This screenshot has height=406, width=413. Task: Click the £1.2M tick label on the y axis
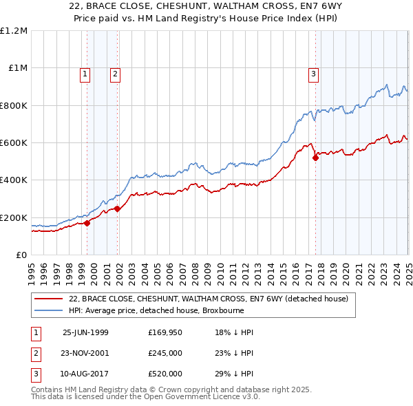click(14, 30)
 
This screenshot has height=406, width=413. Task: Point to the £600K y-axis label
click(14, 142)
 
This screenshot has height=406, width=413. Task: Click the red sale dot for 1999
click(87, 223)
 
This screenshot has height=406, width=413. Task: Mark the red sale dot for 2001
click(118, 209)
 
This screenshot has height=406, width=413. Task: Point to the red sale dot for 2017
click(315, 158)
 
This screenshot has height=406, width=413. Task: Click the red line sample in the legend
click(50, 299)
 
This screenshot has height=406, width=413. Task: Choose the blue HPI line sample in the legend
click(50, 310)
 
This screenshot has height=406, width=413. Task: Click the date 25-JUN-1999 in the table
click(85, 332)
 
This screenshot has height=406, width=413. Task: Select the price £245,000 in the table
click(165, 353)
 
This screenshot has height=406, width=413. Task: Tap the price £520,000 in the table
click(165, 374)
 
